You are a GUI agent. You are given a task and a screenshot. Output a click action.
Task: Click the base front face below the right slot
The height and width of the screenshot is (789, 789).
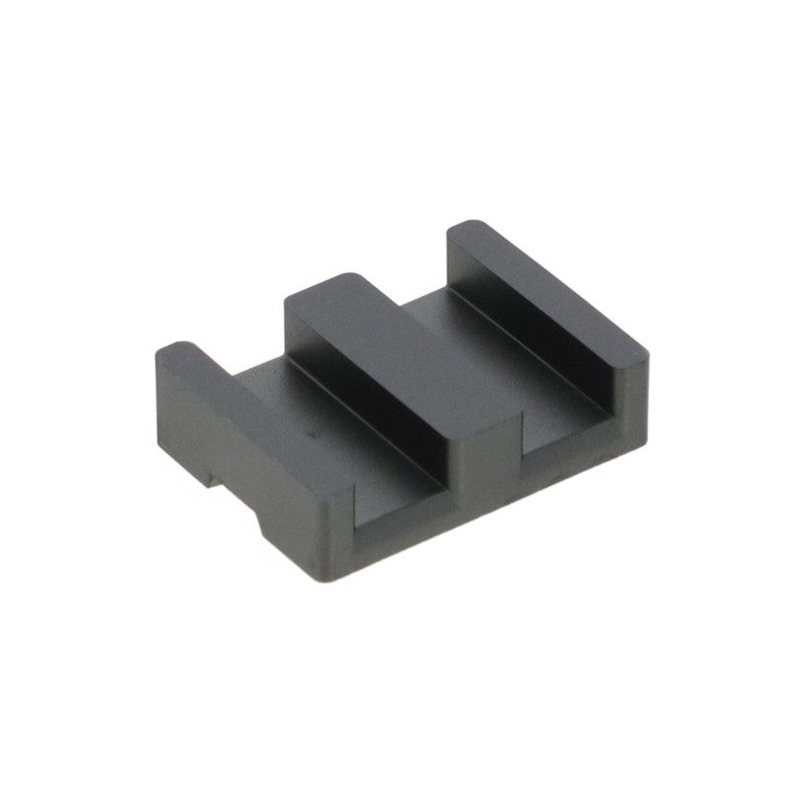(x=572, y=464)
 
